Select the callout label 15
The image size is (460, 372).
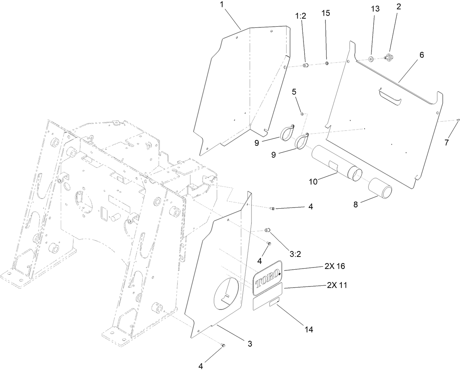pos(325,13)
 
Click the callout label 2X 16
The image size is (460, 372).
pos(334,266)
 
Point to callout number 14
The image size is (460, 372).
pos(309,330)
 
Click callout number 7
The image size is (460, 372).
pos(446,143)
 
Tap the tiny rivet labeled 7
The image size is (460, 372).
pos(458,120)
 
